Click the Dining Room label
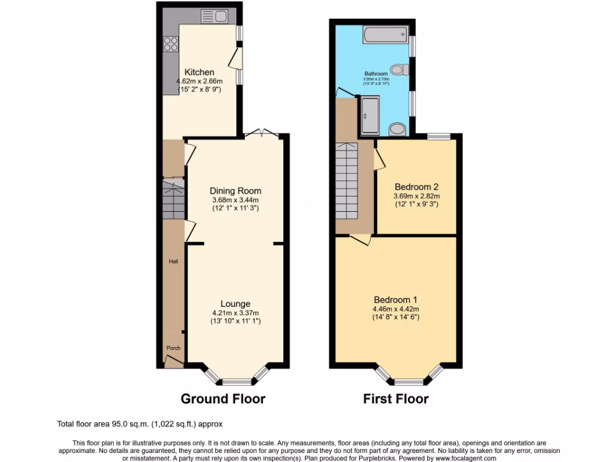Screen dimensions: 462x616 click(x=236, y=191)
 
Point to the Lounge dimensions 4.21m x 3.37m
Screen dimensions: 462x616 click(x=235, y=313)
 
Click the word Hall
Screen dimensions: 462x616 click(x=173, y=262)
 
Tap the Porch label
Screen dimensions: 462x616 click(x=173, y=348)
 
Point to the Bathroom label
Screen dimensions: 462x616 click(x=376, y=74)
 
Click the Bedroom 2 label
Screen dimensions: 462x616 click(x=417, y=186)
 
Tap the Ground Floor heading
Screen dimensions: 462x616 click(x=223, y=398)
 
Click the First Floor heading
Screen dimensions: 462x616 click(x=396, y=398)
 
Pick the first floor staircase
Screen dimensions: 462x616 click(x=346, y=180)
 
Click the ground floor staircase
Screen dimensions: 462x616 click(x=173, y=200)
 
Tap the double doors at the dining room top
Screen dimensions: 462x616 click(x=262, y=133)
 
